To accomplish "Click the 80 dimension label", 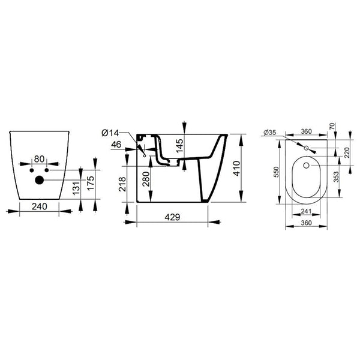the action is [x=39, y=159].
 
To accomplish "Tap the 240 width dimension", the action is [x=40, y=206].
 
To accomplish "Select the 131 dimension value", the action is [x=77, y=188].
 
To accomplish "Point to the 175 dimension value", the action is [x=91, y=183].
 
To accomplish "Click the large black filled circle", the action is [x=40, y=180].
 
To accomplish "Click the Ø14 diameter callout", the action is [x=110, y=133].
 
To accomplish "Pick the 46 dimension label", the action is [x=116, y=145].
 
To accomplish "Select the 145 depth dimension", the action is [x=179, y=146].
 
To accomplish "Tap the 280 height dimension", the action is [x=146, y=179].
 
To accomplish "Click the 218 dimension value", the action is [x=122, y=184].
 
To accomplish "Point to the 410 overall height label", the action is [x=236, y=169].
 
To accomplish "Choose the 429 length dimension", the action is [x=172, y=217].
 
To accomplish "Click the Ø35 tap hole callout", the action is [x=270, y=133].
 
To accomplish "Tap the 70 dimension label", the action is [x=332, y=126].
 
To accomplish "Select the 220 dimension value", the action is [x=347, y=152].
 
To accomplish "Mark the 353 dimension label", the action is [x=336, y=177].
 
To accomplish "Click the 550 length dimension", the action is [x=277, y=172].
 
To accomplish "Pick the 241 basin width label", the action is [x=306, y=211].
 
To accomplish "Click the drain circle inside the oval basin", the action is [x=306, y=165].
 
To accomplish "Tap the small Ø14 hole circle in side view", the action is [x=145, y=156].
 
